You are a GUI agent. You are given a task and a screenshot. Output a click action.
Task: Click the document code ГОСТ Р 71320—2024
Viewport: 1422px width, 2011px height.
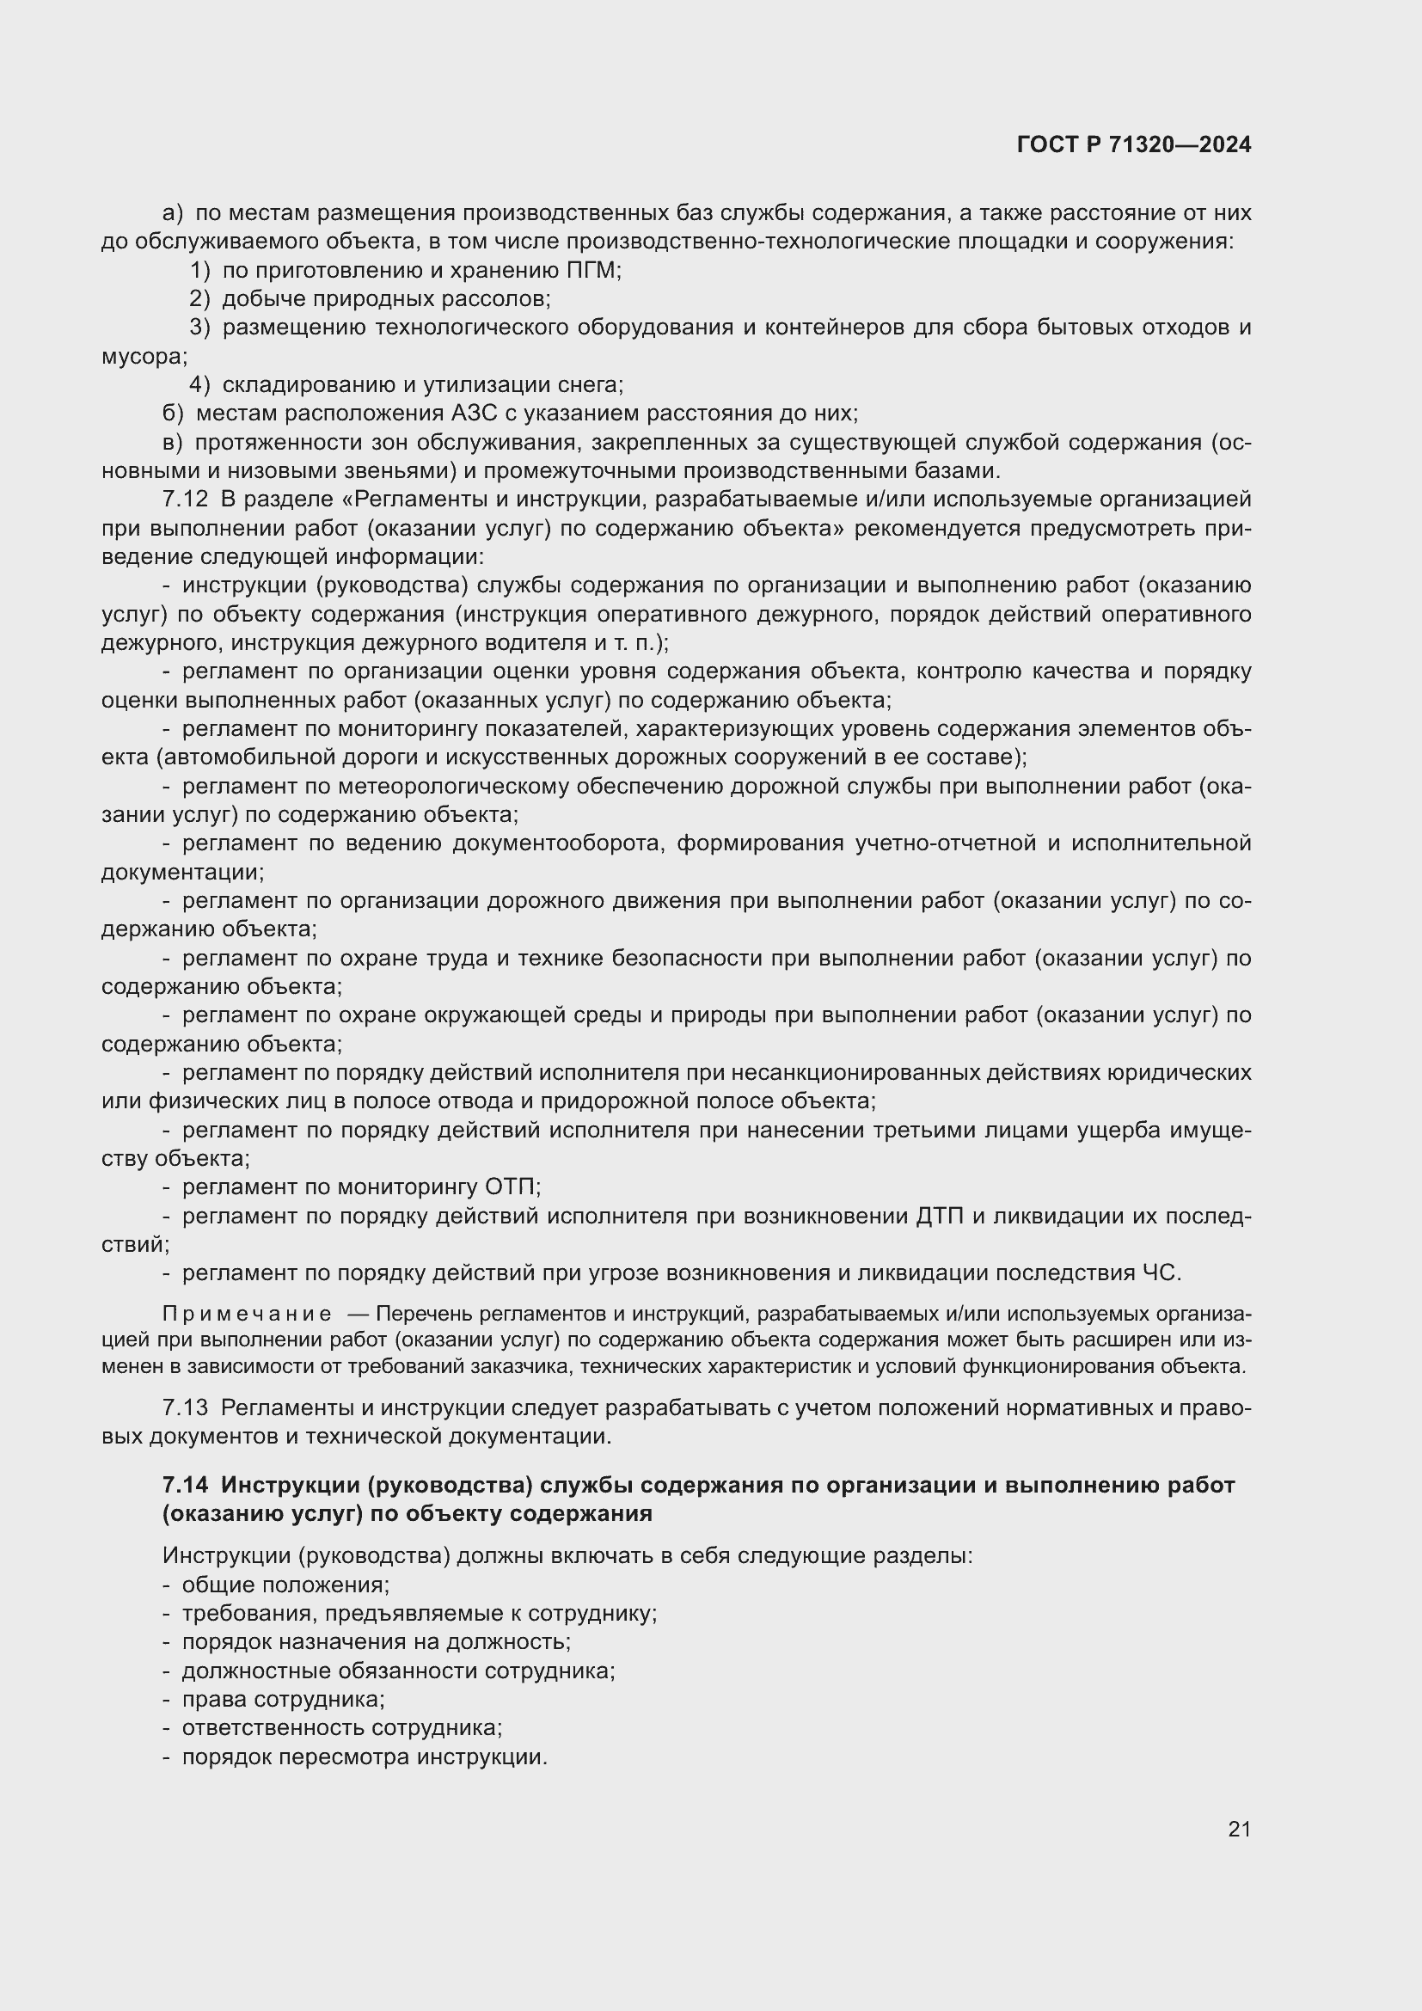pyautogui.click(x=1134, y=144)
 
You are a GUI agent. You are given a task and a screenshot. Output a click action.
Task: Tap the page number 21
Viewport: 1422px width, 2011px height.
pyautogui.click(x=1239, y=1829)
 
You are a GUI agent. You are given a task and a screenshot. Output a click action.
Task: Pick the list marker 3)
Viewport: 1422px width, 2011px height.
pyautogui.click(x=199, y=328)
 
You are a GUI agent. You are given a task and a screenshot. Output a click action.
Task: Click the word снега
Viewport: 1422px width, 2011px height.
pyautogui.click(x=589, y=384)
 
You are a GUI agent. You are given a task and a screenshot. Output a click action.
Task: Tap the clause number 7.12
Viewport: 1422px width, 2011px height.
pyautogui.click(x=185, y=500)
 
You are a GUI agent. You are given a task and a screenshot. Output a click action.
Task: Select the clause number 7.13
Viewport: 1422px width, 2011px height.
pyautogui.click(x=185, y=1407)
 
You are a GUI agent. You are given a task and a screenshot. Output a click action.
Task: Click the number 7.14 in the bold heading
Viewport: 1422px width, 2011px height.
pyautogui.click(x=186, y=1485)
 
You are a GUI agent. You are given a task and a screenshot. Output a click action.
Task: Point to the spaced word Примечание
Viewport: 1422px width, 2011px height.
pyautogui.click(x=247, y=1314)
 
